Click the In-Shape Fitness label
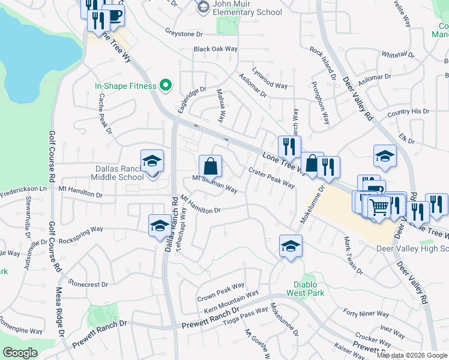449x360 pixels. (125, 86)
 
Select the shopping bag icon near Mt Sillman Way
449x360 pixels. (210, 166)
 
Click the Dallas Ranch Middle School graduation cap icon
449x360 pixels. (152, 161)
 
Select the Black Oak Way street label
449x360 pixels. (215, 49)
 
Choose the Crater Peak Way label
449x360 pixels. (271, 178)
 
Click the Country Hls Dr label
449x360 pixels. (408, 112)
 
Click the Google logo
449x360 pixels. (20, 353)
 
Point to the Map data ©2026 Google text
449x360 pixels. (411, 355)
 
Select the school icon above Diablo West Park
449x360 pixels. (291, 245)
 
